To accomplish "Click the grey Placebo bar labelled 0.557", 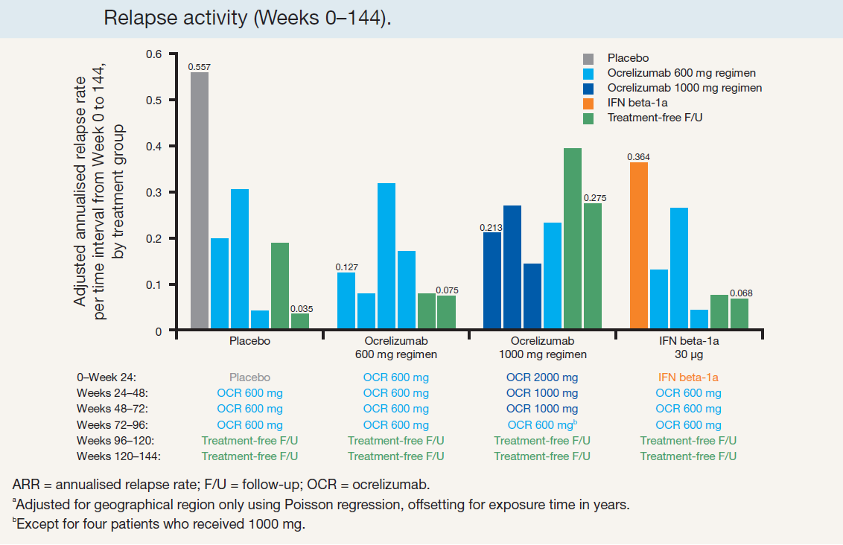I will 199,201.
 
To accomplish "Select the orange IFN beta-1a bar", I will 638,246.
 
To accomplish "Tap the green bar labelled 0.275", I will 592,266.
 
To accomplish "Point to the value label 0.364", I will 637,156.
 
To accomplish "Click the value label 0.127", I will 346,267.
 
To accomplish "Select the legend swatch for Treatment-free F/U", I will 588,117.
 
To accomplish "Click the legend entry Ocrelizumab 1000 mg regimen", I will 684,88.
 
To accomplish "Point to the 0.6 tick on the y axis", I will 153,54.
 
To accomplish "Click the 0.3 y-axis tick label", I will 153,192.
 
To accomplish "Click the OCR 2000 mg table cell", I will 541,377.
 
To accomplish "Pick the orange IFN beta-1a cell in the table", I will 689,377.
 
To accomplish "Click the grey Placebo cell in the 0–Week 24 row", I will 249,377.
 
